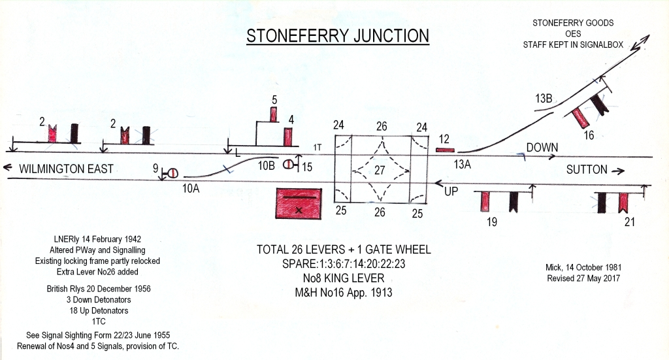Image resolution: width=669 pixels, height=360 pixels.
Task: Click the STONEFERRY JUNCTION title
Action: click(x=338, y=36)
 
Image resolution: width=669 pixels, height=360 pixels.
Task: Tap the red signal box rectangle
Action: click(x=299, y=203)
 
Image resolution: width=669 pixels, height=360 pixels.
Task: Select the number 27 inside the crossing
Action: click(x=380, y=171)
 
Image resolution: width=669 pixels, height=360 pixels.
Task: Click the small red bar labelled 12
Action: click(x=446, y=150)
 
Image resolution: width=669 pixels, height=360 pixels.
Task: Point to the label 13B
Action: click(x=544, y=99)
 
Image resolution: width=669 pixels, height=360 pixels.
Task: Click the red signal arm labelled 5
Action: click(x=274, y=115)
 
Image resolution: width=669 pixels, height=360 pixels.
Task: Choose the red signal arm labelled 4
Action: click(x=288, y=137)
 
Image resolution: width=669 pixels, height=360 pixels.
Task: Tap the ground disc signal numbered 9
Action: click(x=173, y=173)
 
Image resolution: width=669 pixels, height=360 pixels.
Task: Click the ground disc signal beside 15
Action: click(x=288, y=164)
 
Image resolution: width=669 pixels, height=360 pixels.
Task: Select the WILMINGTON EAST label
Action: click(x=66, y=169)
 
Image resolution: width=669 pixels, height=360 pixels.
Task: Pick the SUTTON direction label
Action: click(x=586, y=170)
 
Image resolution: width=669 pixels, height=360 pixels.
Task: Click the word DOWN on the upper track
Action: click(x=542, y=148)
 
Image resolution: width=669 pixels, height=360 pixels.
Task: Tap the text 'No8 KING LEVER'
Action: click(x=344, y=278)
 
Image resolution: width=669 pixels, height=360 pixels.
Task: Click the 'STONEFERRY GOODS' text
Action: click(x=573, y=23)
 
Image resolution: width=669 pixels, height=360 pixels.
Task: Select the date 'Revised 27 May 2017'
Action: click(x=583, y=278)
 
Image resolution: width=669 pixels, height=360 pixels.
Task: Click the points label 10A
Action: click(x=191, y=188)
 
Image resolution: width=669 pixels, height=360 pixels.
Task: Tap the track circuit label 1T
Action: click(x=317, y=148)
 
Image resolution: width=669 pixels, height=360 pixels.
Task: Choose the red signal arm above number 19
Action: click(x=485, y=202)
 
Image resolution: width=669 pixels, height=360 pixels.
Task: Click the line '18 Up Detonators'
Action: click(x=99, y=310)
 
